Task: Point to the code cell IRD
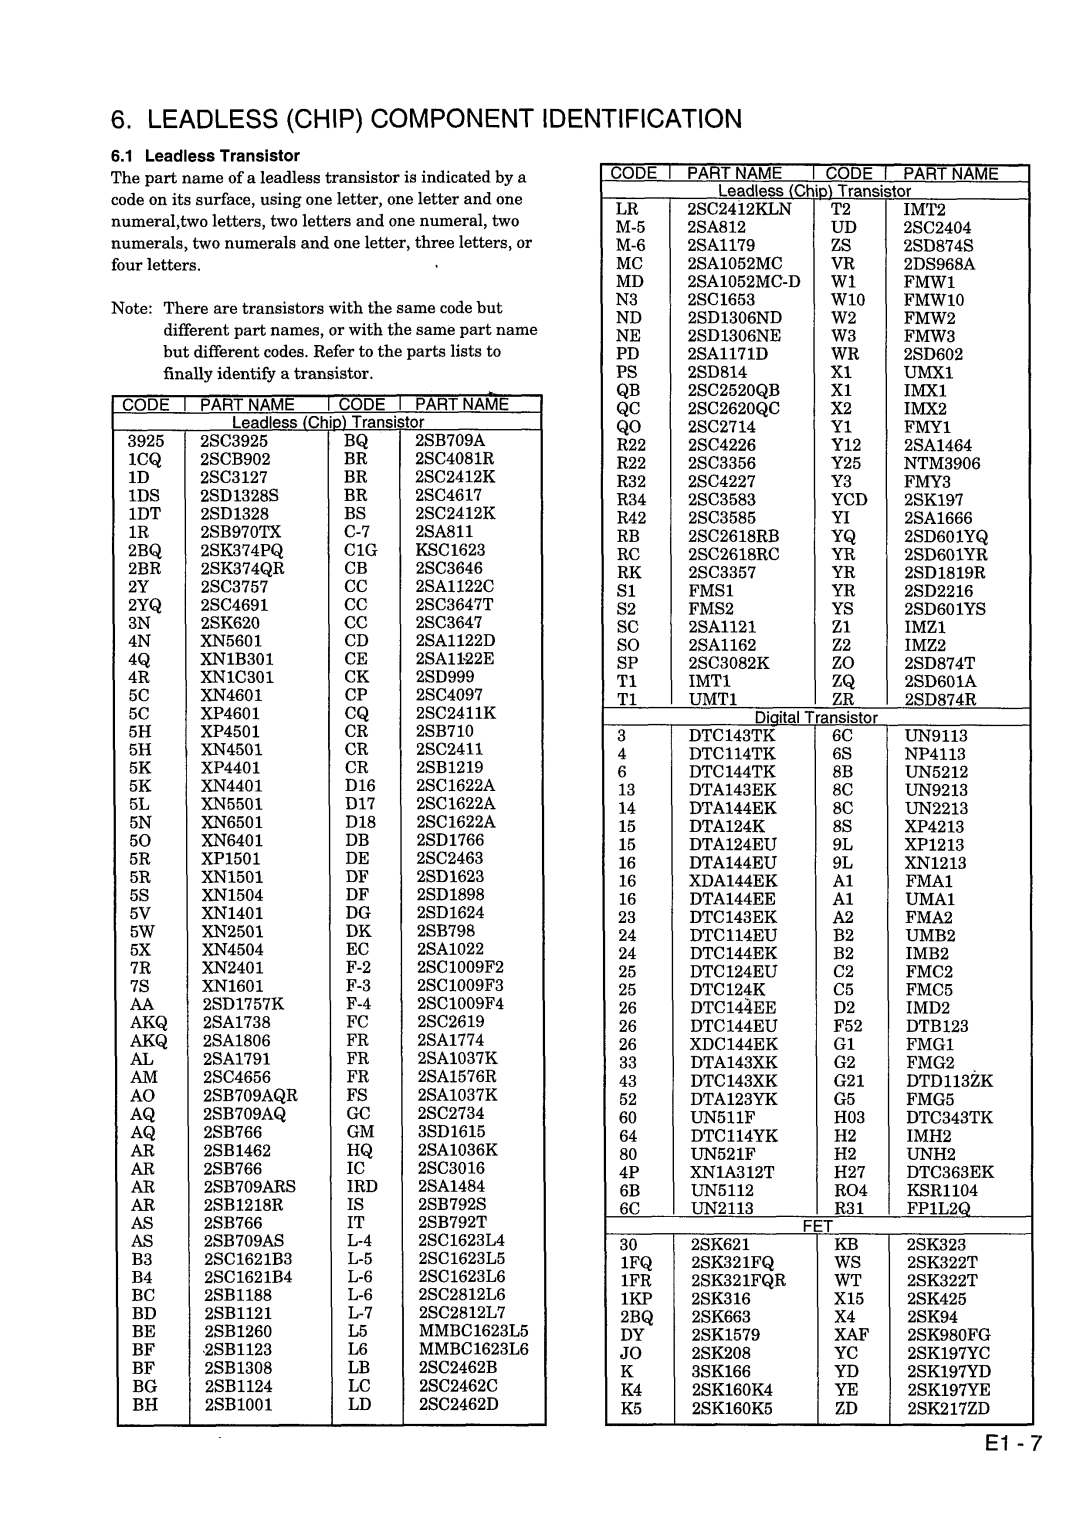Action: tap(362, 1186)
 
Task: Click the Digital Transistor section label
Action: tap(816, 717)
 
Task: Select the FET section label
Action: tap(817, 1226)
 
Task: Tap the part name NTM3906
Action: tap(942, 463)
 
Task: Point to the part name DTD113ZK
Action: tap(950, 1081)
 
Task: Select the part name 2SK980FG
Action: tap(948, 1335)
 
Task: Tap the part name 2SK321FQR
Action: tap(738, 1280)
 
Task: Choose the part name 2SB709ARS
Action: tap(250, 1186)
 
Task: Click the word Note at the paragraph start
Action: tap(130, 308)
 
